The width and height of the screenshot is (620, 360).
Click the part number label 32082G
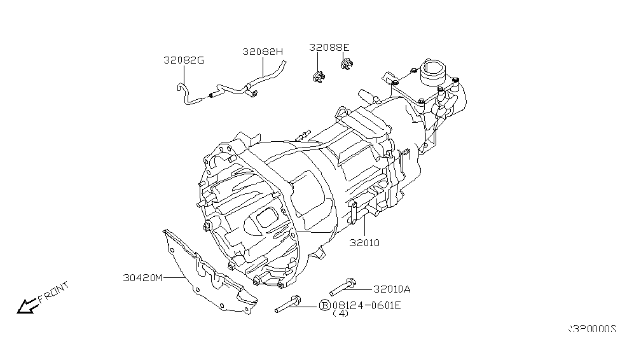(x=184, y=61)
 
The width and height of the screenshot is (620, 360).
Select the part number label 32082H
(x=263, y=52)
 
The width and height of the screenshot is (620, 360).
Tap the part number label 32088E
(x=329, y=47)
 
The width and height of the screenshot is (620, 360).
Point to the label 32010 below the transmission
(x=364, y=242)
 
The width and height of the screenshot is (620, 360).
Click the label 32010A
(x=392, y=289)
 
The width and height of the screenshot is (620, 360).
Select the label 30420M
(x=143, y=277)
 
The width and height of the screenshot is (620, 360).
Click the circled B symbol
(x=324, y=306)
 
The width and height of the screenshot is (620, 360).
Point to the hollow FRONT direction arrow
(x=27, y=307)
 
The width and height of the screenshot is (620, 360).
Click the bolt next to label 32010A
(x=346, y=286)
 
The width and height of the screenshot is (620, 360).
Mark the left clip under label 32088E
(x=318, y=77)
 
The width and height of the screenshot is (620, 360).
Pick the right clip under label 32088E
(x=347, y=64)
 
